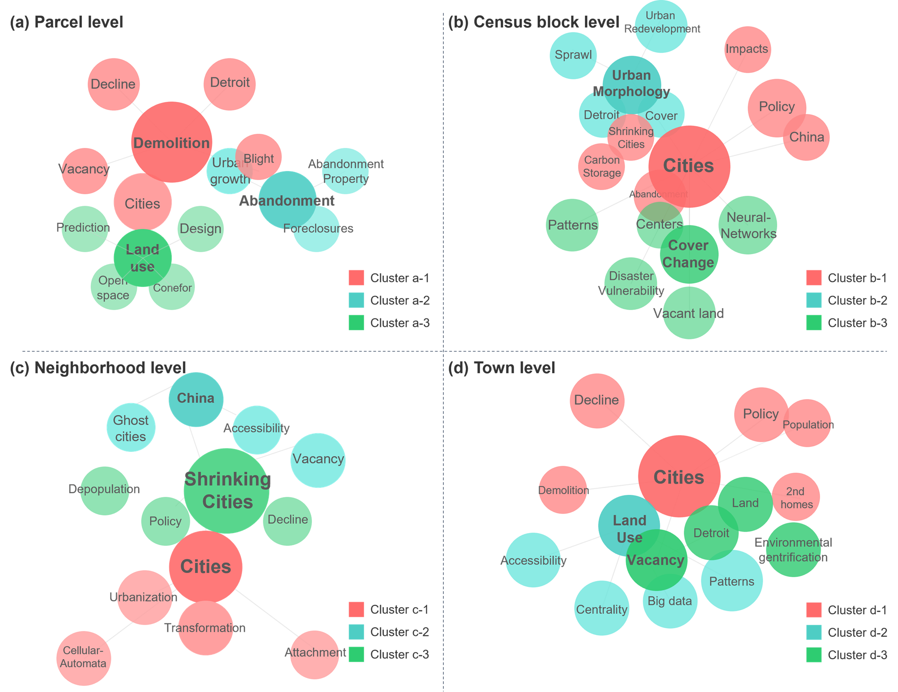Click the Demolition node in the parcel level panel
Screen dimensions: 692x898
point(172,142)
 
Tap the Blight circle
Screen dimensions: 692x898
point(259,157)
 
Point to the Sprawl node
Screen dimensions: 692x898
point(573,55)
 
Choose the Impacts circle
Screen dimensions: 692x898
point(747,49)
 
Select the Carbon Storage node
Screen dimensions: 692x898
point(601,167)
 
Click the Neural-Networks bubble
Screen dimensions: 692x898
point(748,225)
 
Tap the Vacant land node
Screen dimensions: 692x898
point(689,313)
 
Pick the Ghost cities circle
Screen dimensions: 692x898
point(131,428)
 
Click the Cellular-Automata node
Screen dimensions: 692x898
point(84,658)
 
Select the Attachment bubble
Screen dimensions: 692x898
point(314,654)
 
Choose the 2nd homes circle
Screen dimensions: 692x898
point(796,497)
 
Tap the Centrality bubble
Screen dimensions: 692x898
point(602,608)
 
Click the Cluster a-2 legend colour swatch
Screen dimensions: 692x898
point(356,300)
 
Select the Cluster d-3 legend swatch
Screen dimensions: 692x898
point(814,655)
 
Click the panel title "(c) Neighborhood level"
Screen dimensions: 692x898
point(97,368)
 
